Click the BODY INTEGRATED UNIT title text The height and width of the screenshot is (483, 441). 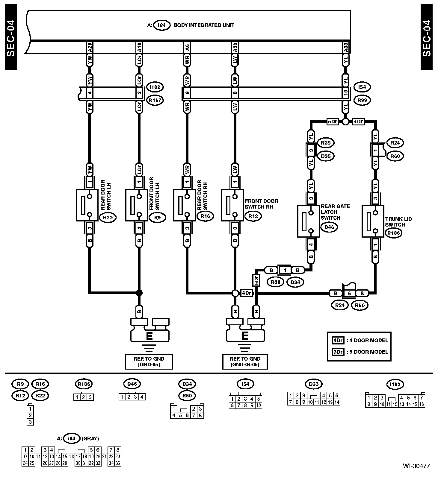(x=204, y=25)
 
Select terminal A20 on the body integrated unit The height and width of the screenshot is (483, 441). (x=90, y=48)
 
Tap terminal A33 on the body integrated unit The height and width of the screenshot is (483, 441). (x=346, y=48)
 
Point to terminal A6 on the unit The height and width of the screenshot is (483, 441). (x=187, y=48)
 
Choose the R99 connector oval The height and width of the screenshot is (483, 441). (x=362, y=100)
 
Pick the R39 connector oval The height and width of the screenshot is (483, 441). (x=326, y=143)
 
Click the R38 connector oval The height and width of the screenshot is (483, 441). (x=275, y=282)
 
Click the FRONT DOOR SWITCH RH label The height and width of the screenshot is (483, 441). (x=262, y=204)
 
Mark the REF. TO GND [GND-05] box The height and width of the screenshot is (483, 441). (x=149, y=362)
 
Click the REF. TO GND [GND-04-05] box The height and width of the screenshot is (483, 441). (x=245, y=362)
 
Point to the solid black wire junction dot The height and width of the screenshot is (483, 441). (x=139, y=293)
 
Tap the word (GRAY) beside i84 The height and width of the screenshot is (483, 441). (x=90, y=439)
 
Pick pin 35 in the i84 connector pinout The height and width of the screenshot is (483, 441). (x=117, y=463)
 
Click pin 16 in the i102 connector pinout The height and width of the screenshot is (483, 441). (x=422, y=404)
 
